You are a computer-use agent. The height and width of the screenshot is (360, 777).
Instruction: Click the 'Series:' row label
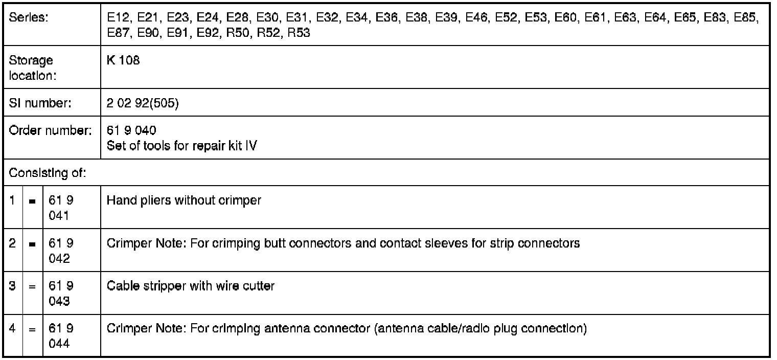click(29, 17)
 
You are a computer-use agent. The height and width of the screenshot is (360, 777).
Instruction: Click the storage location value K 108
click(123, 60)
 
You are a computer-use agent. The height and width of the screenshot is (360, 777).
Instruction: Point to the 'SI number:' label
click(40, 103)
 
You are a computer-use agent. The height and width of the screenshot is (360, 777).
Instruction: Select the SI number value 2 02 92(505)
click(143, 103)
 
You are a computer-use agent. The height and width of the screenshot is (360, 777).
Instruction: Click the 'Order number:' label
click(50, 130)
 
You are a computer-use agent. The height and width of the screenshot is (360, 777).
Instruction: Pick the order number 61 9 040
click(131, 130)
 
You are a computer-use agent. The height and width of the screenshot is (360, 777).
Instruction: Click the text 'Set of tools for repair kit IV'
click(181, 146)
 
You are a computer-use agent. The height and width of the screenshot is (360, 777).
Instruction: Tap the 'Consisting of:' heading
click(47, 173)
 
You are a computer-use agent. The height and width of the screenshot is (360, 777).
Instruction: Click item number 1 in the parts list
click(12, 200)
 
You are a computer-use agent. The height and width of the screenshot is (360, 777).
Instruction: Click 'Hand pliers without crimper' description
click(184, 200)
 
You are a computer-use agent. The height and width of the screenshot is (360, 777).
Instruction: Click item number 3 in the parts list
click(12, 286)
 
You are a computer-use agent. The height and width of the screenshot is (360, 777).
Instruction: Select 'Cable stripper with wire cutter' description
click(190, 286)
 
